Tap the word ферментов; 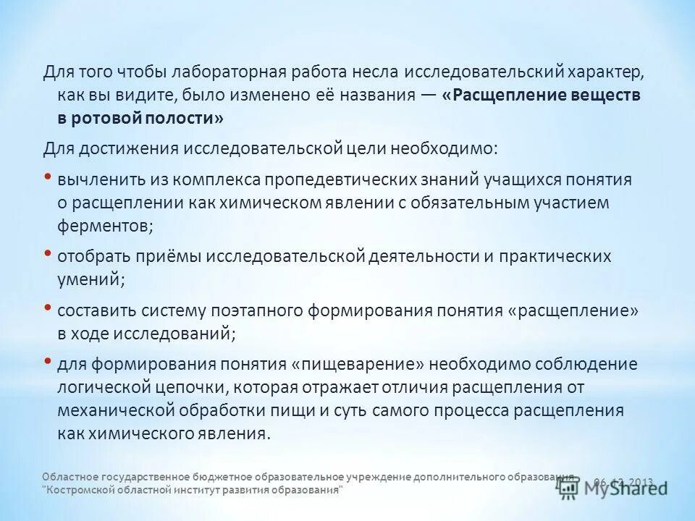[106, 224]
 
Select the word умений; [91, 277]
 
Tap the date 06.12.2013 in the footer [624, 482]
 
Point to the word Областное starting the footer [68, 478]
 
